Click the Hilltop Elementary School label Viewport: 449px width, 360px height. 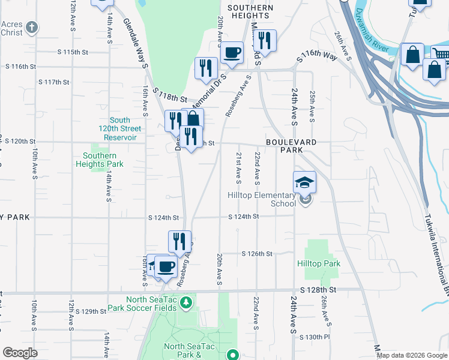pyautogui.click(x=261, y=199)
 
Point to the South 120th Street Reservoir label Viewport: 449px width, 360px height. pyautogui.click(x=121, y=128)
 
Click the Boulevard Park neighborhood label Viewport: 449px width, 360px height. pyautogui.click(x=291, y=146)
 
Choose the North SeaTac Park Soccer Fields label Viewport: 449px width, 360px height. pyautogui.click(x=142, y=304)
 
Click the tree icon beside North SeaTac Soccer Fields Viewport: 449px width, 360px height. pyautogui.click(x=187, y=301)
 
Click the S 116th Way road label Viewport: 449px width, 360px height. pyautogui.click(x=316, y=57)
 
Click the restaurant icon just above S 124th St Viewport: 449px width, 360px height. pyautogui.click(x=179, y=241)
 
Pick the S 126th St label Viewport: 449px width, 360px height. pyautogui.click(x=257, y=254)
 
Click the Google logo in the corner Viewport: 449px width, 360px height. pyautogui.click(x=20, y=353)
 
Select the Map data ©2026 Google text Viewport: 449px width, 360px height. pyautogui.click(x=411, y=355)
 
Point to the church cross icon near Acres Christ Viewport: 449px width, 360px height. pyautogui.click(x=32, y=27)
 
